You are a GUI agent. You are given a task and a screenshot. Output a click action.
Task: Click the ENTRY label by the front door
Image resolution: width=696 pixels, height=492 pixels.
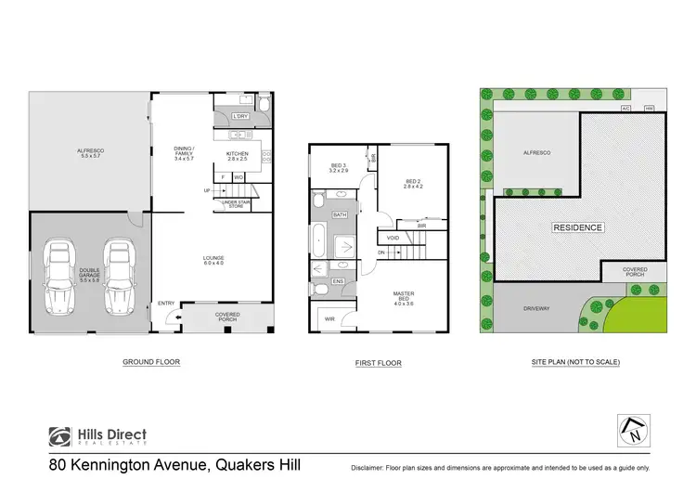click(x=166, y=303)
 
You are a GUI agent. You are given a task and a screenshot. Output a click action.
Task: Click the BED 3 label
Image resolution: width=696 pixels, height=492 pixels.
click(x=338, y=169)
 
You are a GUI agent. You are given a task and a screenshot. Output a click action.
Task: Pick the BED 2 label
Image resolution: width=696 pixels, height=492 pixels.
click(x=413, y=183)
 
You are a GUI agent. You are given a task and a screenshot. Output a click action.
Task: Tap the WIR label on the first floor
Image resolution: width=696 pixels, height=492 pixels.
click(x=329, y=319)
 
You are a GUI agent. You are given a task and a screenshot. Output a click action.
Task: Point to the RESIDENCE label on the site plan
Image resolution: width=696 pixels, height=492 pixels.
click(x=578, y=227)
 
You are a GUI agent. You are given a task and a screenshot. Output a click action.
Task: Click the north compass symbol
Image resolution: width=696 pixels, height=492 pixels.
click(x=633, y=428)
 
